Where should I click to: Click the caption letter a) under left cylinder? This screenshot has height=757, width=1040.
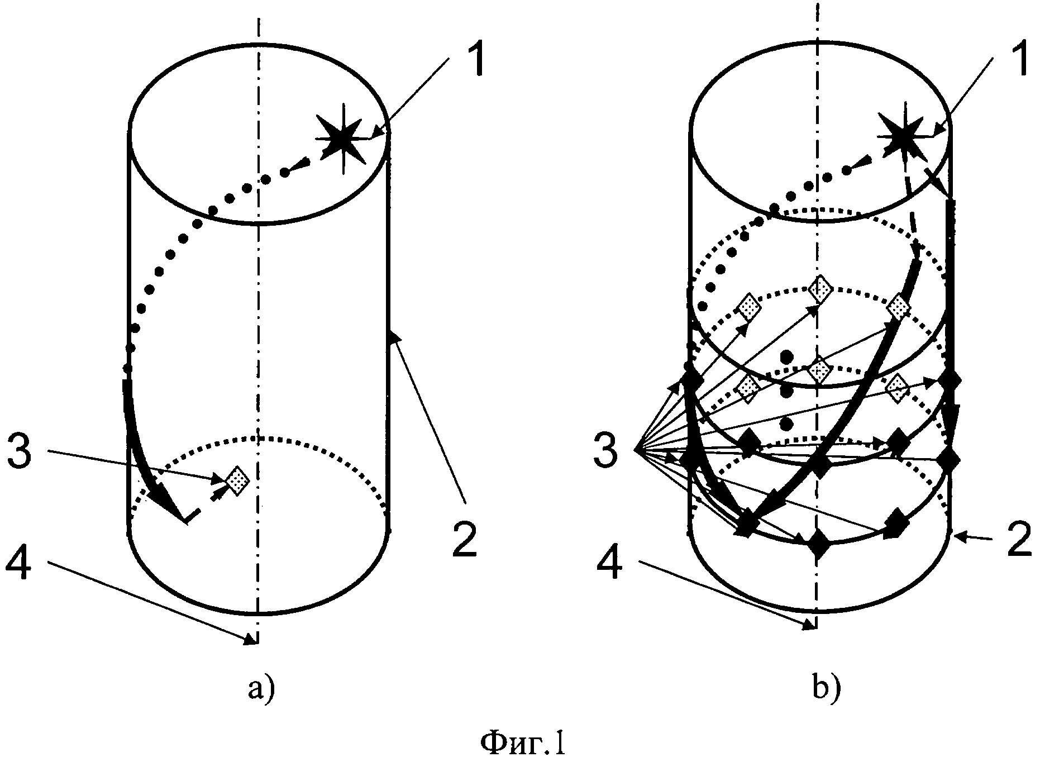click(261, 689)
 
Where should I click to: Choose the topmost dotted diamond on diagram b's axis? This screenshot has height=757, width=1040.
click(819, 289)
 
